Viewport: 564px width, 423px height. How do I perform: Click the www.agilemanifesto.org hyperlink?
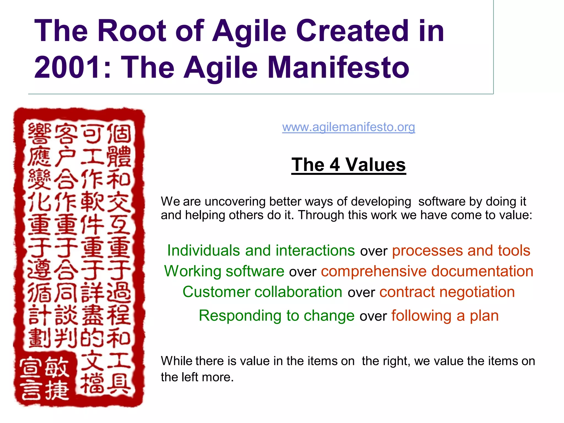[x=348, y=127]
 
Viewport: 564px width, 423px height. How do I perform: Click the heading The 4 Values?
[x=348, y=165]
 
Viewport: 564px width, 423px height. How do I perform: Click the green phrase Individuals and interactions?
[x=261, y=251]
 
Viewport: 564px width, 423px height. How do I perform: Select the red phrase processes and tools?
[x=461, y=251]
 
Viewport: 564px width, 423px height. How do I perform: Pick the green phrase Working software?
[x=224, y=271]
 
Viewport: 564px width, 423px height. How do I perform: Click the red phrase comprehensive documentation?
[x=427, y=271]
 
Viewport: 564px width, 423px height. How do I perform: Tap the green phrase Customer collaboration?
[x=262, y=292]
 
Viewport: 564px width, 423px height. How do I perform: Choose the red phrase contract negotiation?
[x=447, y=292]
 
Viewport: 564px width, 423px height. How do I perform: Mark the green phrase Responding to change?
[x=276, y=316]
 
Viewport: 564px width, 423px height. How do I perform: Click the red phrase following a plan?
[x=445, y=316]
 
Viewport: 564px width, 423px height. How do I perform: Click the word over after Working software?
[x=302, y=272]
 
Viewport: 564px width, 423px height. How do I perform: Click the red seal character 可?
[x=93, y=134]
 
